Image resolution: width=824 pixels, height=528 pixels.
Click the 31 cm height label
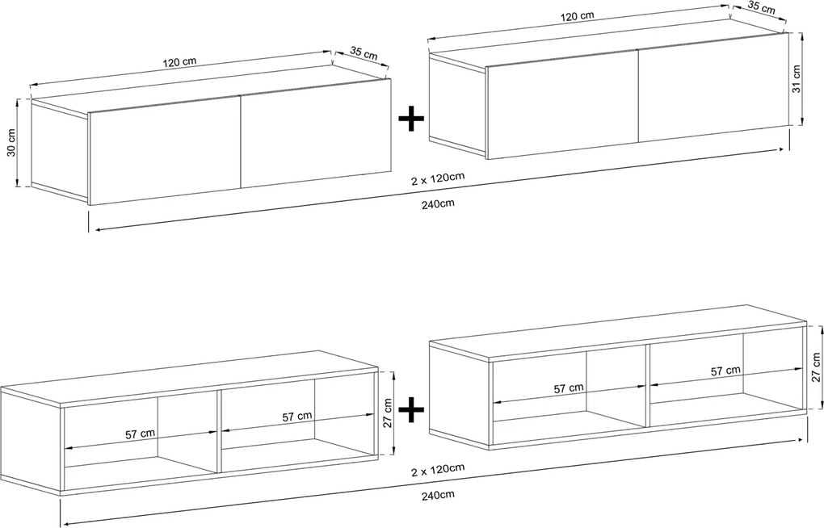tap(797, 79)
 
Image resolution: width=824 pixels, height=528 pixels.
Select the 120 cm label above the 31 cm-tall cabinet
tap(577, 16)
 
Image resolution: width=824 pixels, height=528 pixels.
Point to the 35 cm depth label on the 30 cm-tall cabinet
tap(364, 53)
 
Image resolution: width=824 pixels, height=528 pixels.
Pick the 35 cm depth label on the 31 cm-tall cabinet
tap(761, 8)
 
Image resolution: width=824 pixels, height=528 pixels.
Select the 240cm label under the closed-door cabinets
tap(437, 203)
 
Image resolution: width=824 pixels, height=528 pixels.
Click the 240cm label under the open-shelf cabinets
tap(437, 494)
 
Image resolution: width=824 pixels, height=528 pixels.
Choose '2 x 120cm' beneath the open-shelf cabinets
tap(437, 467)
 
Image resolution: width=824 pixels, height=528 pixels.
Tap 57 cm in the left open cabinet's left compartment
tap(140, 434)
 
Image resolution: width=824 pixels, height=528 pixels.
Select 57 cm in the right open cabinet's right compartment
tap(725, 371)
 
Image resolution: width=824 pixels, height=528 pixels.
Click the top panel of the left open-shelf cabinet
tap(189, 379)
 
